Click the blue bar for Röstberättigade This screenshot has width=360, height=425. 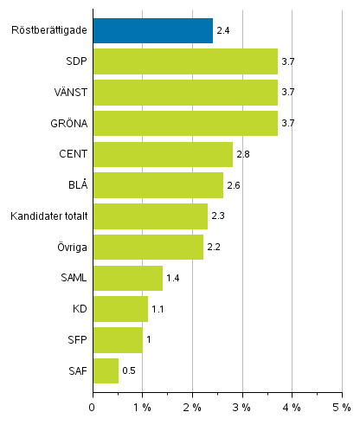152,31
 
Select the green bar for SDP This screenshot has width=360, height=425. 185,62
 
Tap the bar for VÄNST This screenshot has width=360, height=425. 185,93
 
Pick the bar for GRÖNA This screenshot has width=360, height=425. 185,124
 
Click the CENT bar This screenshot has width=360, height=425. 163,154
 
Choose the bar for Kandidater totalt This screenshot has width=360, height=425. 150,216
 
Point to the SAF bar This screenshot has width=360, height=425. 106,370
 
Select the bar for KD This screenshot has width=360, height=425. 120,309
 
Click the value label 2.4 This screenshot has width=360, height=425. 223,32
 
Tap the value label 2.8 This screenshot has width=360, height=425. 243,155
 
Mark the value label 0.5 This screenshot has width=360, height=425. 129,371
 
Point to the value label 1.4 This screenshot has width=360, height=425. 173,279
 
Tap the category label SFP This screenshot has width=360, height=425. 75,340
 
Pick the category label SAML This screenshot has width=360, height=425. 72,279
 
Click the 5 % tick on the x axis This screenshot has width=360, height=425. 342,406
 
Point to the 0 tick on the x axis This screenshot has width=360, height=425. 93,406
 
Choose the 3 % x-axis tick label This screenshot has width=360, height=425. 242,406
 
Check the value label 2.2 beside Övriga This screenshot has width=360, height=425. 214,248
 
